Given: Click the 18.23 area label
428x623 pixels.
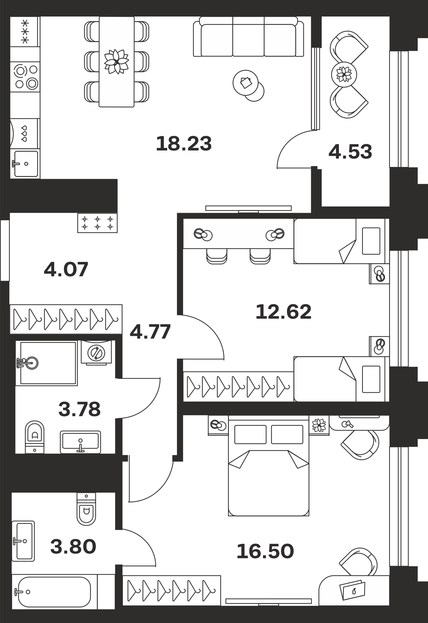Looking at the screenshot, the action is (x=184, y=144).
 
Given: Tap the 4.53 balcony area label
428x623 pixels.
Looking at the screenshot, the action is (x=350, y=152).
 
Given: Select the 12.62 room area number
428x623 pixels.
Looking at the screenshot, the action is (x=283, y=312).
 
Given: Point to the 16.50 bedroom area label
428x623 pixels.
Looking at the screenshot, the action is (x=265, y=551).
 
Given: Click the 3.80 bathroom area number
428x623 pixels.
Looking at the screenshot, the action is (x=73, y=547).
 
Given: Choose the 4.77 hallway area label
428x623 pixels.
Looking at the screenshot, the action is (x=150, y=332).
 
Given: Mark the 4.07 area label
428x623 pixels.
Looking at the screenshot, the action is (x=66, y=269).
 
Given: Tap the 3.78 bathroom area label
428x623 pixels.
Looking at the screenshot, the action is (x=79, y=409).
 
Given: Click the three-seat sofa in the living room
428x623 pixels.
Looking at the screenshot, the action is (x=248, y=37).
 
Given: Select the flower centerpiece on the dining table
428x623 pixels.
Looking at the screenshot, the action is (x=117, y=62).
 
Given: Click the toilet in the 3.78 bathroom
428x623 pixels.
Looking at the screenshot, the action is (x=35, y=437).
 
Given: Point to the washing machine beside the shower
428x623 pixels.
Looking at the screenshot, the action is (x=96, y=352).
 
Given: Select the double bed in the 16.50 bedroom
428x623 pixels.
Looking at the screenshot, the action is (x=269, y=466).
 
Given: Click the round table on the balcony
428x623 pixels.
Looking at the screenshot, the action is (x=344, y=74).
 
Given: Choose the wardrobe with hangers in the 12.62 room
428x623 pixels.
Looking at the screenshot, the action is (x=238, y=387).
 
